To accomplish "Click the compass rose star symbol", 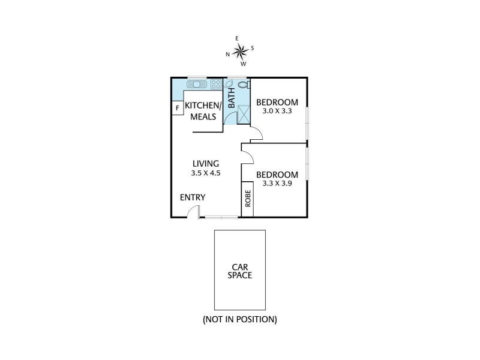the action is point(241,52).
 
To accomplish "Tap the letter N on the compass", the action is point(227,55).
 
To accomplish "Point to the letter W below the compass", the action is point(243,64).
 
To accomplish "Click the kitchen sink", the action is point(197,84).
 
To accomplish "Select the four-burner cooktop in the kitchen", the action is point(216,84).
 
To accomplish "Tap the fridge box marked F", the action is point(177,108).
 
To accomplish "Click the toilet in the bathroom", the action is point(244,84).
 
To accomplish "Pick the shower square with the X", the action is point(244,114).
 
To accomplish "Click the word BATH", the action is point(232,98).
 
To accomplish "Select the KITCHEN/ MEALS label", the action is point(203,111).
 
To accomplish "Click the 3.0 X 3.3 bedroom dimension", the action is point(277,111).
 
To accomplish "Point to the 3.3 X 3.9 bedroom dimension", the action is point(277,184).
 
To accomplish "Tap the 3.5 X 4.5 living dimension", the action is point(206,173).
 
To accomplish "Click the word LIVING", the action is point(206,163).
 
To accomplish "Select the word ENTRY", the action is point(193,197).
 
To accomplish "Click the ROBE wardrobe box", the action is point(248,199).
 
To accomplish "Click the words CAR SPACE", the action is point(239,271).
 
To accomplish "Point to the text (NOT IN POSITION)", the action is point(240,319).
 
